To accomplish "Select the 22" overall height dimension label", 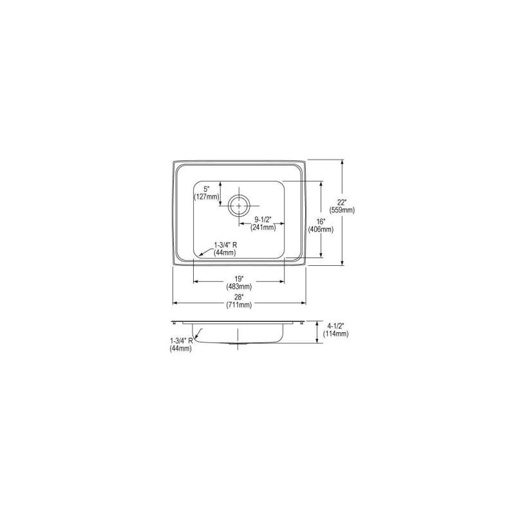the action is tap(342, 203).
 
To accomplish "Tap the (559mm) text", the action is tap(342, 211).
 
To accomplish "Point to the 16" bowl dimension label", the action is tap(321, 222).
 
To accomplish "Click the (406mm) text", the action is tap(321, 230).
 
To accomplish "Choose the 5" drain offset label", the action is tap(206, 189).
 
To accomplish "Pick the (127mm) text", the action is tap(206, 197).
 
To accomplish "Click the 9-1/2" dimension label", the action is tap(263, 220).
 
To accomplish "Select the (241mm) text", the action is tap(263, 227).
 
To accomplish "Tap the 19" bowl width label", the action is tap(239, 279).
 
